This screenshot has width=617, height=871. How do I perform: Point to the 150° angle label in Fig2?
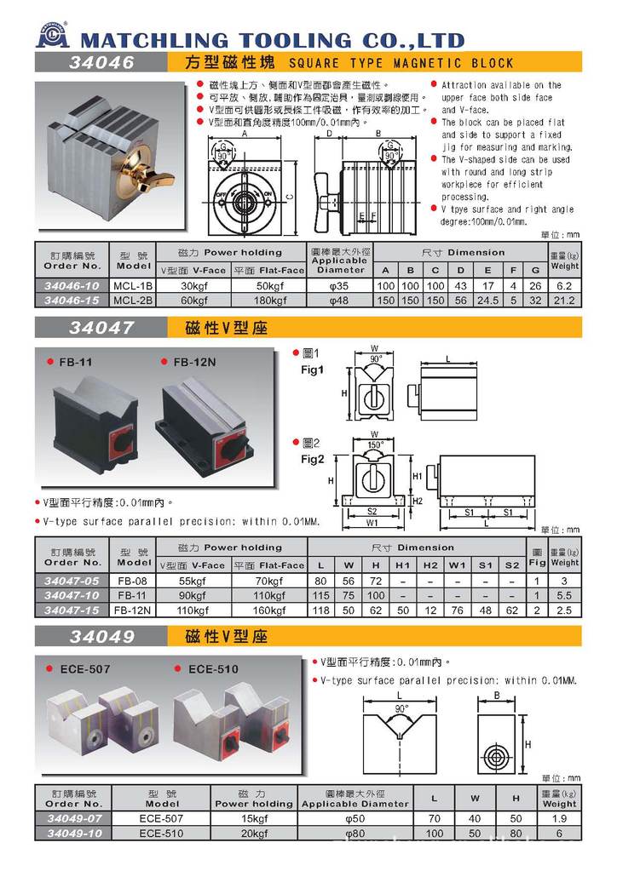[376, 445]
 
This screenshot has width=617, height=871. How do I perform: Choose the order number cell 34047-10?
[72, 597]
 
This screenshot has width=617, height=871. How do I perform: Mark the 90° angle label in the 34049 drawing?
[401, 709]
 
